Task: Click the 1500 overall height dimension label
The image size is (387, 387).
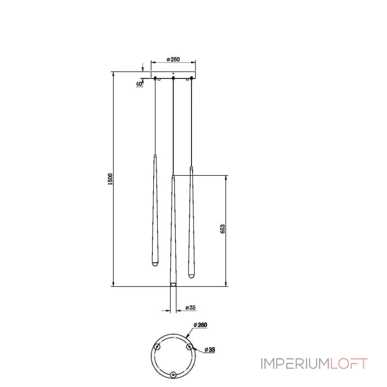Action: tap(110, 179)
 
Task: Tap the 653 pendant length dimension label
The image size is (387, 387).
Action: tap(223, 229)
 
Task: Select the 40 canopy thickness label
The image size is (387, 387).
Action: tap(139, 84)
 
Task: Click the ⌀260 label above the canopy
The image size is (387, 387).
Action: tap(173, 59)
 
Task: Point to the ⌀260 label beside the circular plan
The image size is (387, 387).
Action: tap(200, 325)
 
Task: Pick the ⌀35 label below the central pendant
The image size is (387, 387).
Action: tap(191, 308)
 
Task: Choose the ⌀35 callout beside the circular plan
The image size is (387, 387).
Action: tap(210, 350)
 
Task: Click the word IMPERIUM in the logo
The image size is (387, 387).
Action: tap(295, 364)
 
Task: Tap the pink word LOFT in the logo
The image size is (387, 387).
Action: tap(349, 364)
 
